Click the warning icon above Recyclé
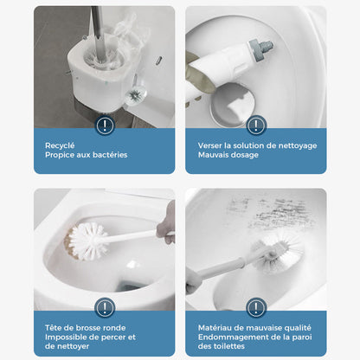tap(106, 125)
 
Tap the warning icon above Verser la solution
tap(256, 125)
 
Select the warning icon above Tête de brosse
tap(106, 307)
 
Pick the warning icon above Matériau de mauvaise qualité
tap(256, 307)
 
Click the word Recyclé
tap(60, 145)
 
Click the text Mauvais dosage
tap(221, 155)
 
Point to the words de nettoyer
tap(67, 346)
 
